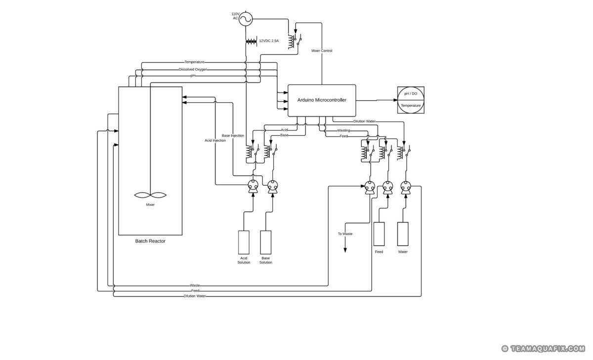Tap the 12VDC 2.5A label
coord(269,41)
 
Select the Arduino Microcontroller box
coord(322,101)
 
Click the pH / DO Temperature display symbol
coord(411,100)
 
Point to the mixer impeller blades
coord(150,195)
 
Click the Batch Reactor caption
coord(150,241)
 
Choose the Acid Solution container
coord(244,242)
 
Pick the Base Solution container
coord(265,242)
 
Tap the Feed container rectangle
coord(379,234)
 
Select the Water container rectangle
coord(403,234)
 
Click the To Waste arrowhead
coord(345,250)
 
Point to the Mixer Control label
coord(322,50)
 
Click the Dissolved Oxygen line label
coord(193,69)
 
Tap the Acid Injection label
coord(215,140)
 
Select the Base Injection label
coord(233,135)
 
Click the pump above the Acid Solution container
coord(253,187)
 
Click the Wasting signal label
coord(343,130)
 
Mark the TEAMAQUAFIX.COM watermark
coord(543,349)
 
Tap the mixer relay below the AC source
coord(295,40)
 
